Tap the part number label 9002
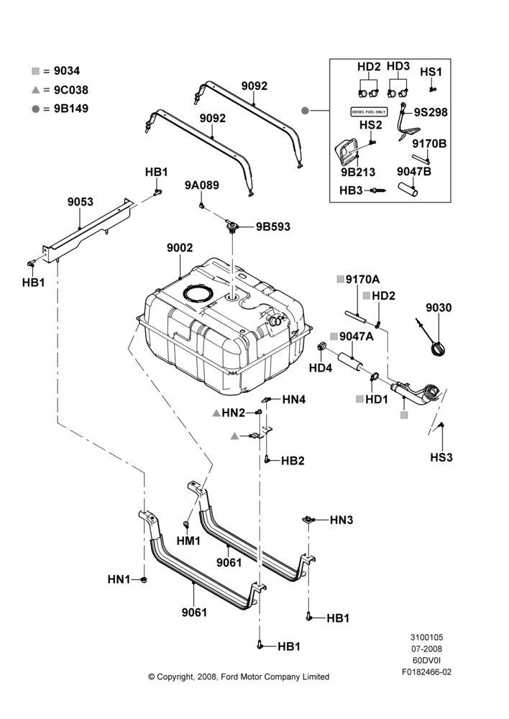(180, 247)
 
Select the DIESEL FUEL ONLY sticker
(369, 111)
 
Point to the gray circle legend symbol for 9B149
(35, 109)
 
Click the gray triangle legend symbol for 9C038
(35, 91)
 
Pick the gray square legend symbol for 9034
(35, 71)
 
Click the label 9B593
(273, 226)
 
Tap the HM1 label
(188, 541)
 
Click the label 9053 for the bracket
(81, 202)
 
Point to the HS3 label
(441, 457)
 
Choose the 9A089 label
(202, 186)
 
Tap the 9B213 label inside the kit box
(358, 172)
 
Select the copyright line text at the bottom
(239, 677)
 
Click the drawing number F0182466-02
(426, 672)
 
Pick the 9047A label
(357, 336)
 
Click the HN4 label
(294, 399)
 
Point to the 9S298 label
(431, 112)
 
